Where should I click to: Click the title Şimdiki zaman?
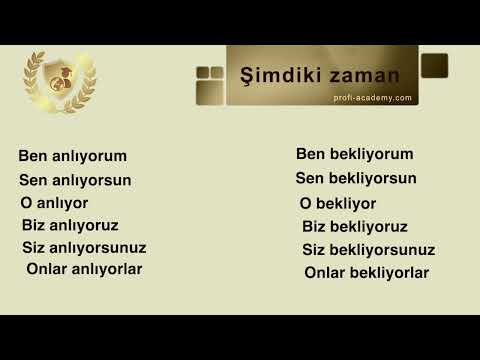(320, 76)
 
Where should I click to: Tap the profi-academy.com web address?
(372, 98)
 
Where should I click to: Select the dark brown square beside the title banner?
(434, 66)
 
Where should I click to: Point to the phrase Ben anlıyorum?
(72, 156)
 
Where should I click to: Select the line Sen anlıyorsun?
(75, 180)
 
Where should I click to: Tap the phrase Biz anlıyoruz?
(70, 225)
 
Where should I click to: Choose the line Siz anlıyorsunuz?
(84, 247)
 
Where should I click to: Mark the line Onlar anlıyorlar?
(84, 269)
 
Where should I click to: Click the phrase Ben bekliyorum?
(354, 154)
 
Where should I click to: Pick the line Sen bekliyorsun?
(356, 178)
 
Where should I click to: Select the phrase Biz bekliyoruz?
(354, 227)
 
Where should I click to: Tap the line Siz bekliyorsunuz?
(368, 249)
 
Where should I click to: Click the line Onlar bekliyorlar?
(366, 272)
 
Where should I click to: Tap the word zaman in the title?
(361, 76)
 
